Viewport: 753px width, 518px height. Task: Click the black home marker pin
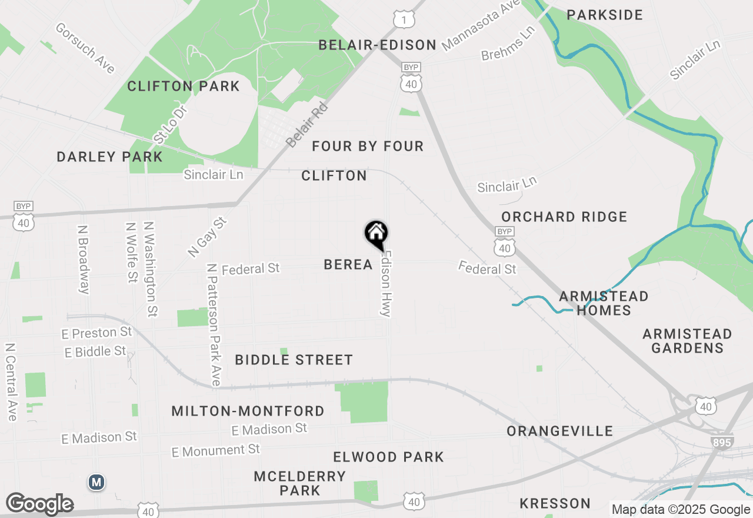click(376, 234)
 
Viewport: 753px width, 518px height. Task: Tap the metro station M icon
click(96, 483)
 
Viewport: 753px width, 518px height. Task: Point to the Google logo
click(39, 504)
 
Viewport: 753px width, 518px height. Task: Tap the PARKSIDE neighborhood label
click(605, 15)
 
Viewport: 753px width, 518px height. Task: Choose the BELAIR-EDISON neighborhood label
click(378, 45)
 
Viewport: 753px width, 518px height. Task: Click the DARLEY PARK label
click(109, 157)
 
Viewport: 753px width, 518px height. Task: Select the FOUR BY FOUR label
click(368, 146)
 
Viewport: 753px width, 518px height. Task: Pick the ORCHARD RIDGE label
click(564, 217)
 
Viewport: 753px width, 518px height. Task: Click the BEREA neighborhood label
click(348, 265)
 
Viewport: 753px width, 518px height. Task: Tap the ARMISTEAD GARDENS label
click(687, 341)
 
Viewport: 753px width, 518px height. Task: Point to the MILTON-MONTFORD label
click(248, 411)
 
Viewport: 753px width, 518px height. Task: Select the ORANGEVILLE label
click(560, 431)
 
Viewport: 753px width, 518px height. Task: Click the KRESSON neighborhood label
click(555, 503)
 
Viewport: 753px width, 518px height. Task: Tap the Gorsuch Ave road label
click(85, 48)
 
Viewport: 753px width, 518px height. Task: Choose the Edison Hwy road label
click(386, 284)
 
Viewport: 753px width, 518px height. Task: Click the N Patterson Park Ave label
click(214, 324)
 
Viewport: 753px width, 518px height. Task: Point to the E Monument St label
click(216, 451)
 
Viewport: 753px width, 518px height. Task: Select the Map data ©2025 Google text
click(681, 510)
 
